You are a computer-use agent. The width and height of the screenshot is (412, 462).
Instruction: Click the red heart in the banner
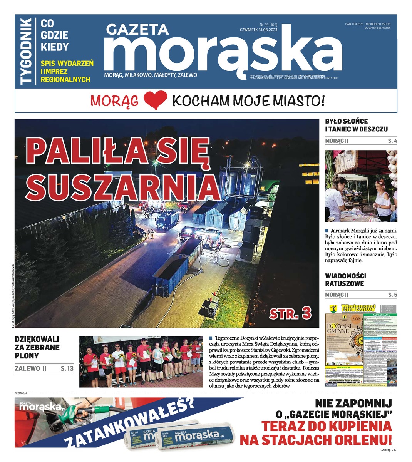pyautogui.click(x=155, y=100)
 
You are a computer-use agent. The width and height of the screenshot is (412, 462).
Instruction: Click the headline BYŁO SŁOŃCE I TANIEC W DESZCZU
pyautogui.click(x=356, y=125)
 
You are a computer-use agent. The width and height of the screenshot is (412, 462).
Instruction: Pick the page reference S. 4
pyautogui.click(x=392, y=141)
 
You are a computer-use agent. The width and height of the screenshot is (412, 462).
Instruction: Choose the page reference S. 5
pyautogui.click(x=392, y=295)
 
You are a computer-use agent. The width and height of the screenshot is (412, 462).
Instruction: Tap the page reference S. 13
pyautogui.click(x=67, y=368)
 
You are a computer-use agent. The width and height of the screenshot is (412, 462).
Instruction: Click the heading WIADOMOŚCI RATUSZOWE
pyautogui.click(x=345, y=280)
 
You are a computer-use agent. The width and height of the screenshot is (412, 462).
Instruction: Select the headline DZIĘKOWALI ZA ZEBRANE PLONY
pyautogui.click(x=37, y=347)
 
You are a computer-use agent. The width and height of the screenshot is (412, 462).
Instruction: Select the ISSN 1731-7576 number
pyautogui.click(x=354, y=24)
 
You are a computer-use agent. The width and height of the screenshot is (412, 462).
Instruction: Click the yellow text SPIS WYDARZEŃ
pyautogui.click(x=67, y=64)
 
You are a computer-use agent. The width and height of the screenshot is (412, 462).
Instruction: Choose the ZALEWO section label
pyautogui.click(x=27, y=368)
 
